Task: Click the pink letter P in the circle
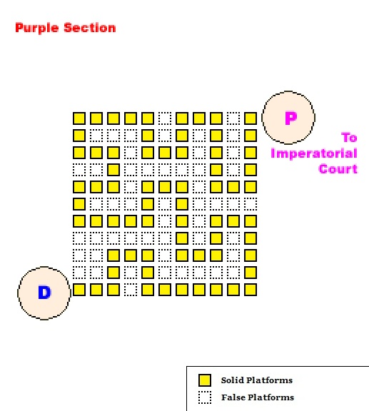291,118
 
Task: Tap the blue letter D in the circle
44,293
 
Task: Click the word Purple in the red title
36,28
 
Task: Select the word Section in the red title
90,28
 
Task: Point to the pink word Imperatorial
314,153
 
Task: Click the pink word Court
338,169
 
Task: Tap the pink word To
349,138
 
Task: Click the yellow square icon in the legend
205,380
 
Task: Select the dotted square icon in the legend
205,397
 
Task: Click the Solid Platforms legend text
257,380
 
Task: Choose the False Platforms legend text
258,397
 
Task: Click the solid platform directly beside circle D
79,290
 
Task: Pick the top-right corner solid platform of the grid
251,118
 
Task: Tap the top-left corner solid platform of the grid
79,118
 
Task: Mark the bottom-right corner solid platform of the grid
251,290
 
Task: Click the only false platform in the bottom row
131,290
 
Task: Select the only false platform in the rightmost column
251,204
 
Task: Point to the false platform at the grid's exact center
165,204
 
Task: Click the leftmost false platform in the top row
165,118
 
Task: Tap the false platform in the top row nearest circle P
233,118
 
